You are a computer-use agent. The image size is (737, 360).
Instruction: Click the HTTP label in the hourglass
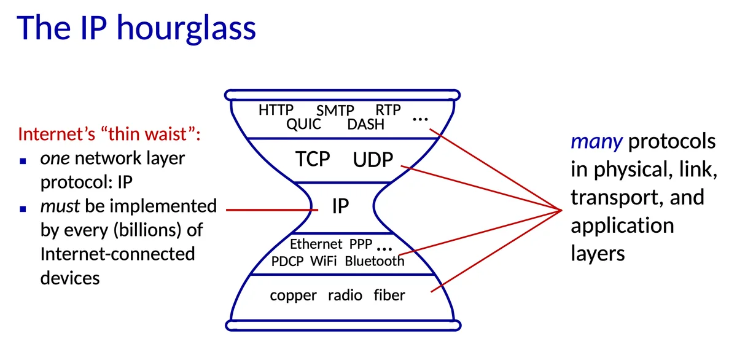276,110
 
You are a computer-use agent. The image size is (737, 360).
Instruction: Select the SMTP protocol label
335,111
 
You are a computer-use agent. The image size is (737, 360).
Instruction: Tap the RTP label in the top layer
388,110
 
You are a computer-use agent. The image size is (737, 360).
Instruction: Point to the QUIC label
303,125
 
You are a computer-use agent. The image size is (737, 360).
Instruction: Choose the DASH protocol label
365,125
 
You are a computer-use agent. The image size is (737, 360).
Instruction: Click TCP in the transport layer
313,159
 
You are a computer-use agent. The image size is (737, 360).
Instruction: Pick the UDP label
373,160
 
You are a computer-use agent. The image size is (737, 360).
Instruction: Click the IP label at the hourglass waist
340,206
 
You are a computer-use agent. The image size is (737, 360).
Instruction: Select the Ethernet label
316,244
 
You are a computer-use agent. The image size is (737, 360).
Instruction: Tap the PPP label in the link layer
361,244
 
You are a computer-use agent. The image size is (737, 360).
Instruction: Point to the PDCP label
287,261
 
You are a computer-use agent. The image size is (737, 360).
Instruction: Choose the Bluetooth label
375,261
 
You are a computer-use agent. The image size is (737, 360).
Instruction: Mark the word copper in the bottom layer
293,295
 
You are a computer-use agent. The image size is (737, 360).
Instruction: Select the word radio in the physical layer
345,295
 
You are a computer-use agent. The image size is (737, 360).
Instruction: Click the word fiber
389,295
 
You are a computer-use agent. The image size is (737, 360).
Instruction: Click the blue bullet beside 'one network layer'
23,160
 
